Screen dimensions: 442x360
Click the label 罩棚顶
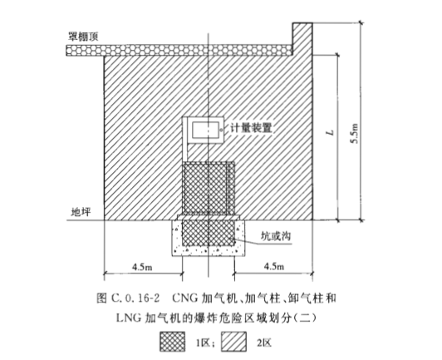(x=83, y=37)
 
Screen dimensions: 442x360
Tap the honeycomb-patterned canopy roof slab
(x=179, y=50)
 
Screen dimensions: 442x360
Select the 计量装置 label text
(x=251, y=128)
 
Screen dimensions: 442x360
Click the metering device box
(x=205, y=130)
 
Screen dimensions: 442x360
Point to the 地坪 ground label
(x=81, y=212)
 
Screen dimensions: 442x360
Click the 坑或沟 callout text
(x=275, y=236)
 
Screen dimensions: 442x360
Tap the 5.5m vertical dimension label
(x=355, y=133)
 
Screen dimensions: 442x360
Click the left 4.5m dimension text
(x=142, y=267)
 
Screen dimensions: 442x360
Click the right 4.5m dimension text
(x=274, y=267)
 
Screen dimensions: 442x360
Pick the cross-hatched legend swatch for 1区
(x=173, y=342)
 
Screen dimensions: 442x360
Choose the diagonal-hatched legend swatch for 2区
(x=233, y=342)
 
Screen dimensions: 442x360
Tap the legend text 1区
(x=204, y=343)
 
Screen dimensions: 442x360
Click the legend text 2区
(x=264, y=343)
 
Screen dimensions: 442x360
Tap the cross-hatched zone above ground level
(x=208, y=188)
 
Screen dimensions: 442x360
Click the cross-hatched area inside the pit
(x=208, y=233)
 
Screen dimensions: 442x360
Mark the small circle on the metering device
(x=221, y=130)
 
